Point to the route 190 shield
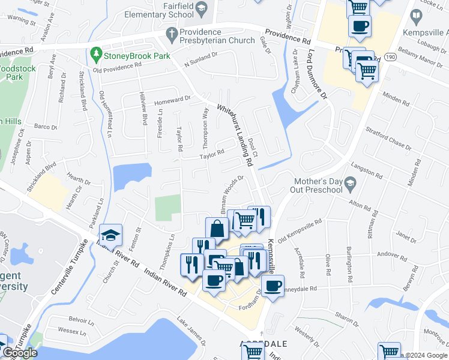point(391,56)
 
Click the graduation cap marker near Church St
point(111,235)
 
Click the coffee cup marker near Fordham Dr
point(273,286)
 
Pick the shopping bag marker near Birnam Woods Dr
point(217,228)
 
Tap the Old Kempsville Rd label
point(300,230)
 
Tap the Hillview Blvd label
point(143,110)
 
